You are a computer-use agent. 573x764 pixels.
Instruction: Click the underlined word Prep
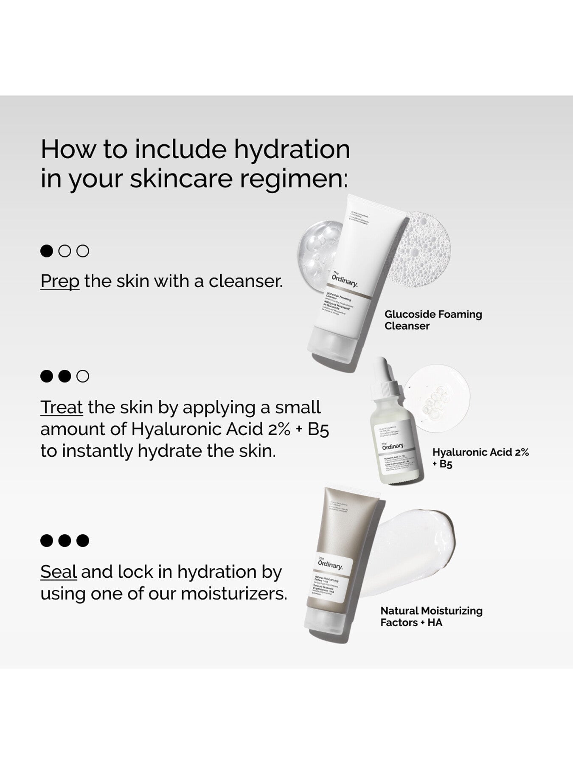tap(60, 281)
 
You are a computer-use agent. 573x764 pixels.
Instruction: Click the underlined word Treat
tap(62, 407)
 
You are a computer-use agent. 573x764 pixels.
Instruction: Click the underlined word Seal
tap(59, 572)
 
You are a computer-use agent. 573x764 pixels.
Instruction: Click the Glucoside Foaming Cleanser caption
tap(433, 320)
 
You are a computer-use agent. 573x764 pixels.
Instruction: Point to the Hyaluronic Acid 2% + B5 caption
tap(480, 458)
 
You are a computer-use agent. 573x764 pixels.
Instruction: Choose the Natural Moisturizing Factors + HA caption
tap(431, 617)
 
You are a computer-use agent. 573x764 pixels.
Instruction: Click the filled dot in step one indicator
tap(47, 251)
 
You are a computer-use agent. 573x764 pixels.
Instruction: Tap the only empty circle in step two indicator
tap(83, 376)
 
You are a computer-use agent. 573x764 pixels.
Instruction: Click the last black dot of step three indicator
tap(83, 541)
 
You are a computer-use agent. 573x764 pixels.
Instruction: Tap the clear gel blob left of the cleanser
tap(316, 250)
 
